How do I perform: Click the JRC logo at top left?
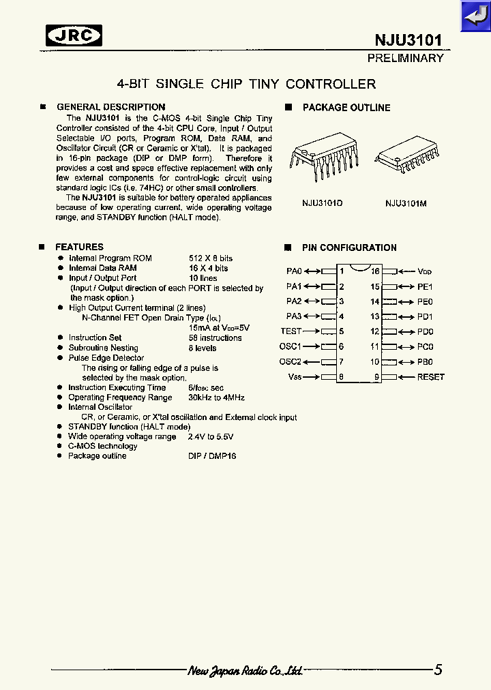coord(74,35)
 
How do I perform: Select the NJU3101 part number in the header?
coord(408,40)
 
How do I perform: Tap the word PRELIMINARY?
coord(405,59)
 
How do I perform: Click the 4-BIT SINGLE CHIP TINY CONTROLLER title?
coord(246,85)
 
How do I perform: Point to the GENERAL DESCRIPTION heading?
coord(110,107)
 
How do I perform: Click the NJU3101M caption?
coord(406,203)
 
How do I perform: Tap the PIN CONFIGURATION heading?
coord(349,247)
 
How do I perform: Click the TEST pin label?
coord(291,331)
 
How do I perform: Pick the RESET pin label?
coord(430,377)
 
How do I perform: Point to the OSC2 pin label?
coord(290,362)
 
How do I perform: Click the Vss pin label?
coord(295,377)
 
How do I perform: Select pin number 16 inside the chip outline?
coord(375,271)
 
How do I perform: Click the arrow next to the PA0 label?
coord(312,271)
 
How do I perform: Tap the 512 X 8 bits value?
coord(210,258)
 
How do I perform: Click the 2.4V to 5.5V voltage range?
coord(211,436)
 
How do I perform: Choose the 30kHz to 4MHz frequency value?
coord(216,397)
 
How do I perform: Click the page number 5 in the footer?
coord(438,670)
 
